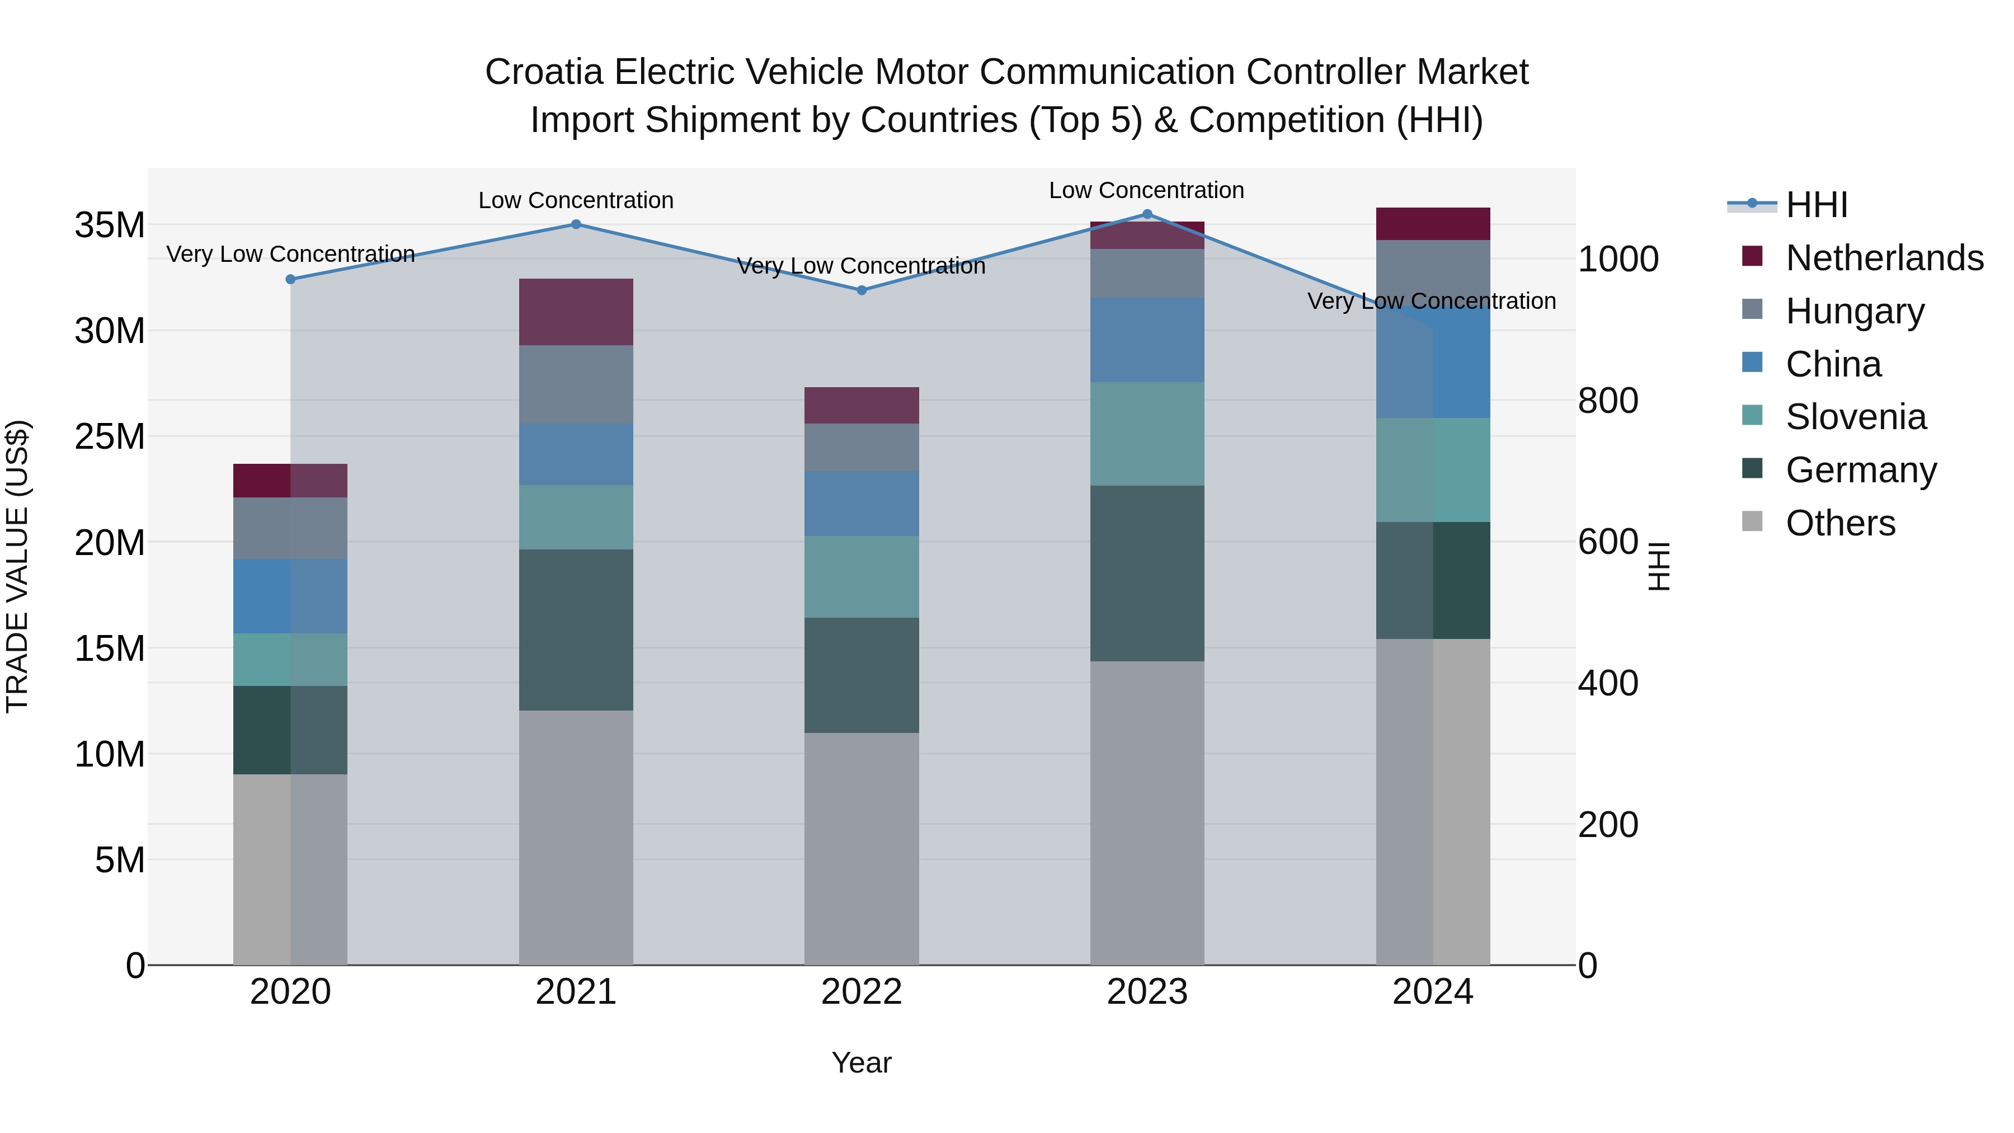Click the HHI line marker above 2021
[x=576, y=224]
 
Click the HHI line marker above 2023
[x=1147, y=214]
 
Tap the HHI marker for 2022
[x=862, y=290]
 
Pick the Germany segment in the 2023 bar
[x=1147, y=573]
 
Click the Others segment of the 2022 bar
[x=862, y=848]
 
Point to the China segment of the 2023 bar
[x=1147, y=340]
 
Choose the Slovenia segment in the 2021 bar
[x=576, y=517]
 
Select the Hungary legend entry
[x=1855, y=311]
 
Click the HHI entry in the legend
[x=1816, y=205]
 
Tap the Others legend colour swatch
[x=1752, y=521]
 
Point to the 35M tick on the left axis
[x=110, y=225]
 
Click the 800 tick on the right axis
[x=1607, y=401]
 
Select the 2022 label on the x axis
[x=862, y=992]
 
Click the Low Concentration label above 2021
[x=576, y=200]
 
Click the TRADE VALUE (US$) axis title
[x=17, y=566]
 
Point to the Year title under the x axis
[x=862, y=1063]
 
